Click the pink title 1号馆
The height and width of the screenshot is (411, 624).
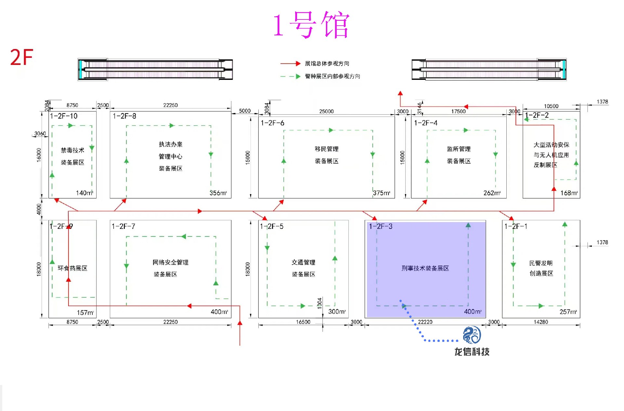311,25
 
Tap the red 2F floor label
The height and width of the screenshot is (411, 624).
21,57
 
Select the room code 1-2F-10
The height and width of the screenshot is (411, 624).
64,116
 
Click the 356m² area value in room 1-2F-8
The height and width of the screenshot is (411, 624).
218,193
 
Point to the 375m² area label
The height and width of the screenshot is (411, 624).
382,193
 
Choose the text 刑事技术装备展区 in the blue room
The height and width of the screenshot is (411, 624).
425,268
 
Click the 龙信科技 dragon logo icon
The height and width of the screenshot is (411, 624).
472,335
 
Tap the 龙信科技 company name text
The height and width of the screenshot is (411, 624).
472,352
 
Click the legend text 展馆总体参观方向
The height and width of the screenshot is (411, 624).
327,64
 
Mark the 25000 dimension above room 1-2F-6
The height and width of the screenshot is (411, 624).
326,111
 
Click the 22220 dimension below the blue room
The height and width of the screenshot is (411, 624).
425,322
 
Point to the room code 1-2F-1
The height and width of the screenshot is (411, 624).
516,226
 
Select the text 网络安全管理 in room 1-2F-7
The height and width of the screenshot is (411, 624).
170,262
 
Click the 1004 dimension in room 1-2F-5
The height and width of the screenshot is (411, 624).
319,303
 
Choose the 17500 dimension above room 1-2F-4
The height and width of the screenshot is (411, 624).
458,111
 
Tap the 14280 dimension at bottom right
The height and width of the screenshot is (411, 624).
541,322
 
